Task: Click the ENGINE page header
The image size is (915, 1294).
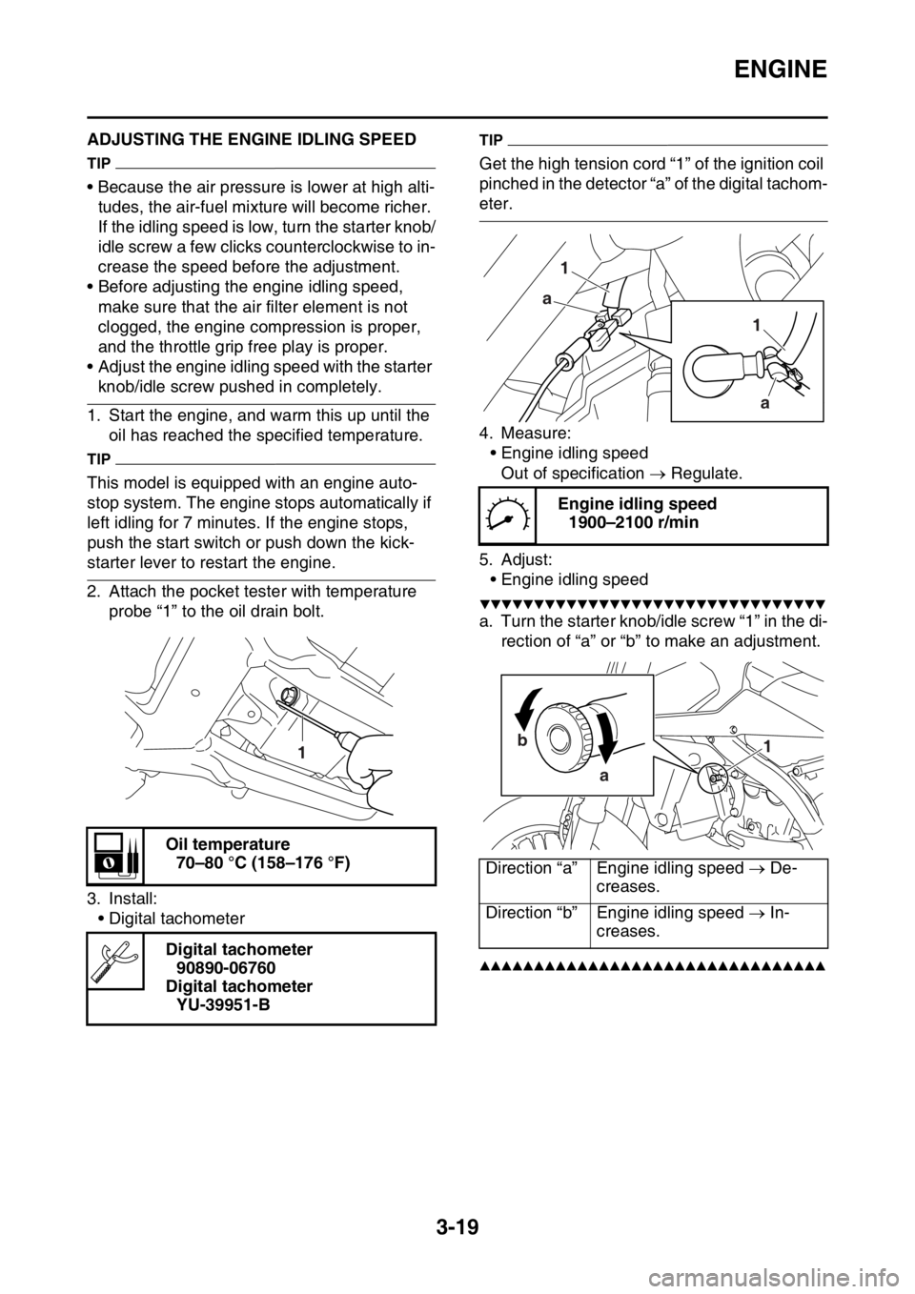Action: tap(780, 70)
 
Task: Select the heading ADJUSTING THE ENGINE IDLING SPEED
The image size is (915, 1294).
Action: tap(252, 139)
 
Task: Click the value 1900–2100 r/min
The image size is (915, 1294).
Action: tap(634, 523)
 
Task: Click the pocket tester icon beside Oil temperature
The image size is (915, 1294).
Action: tap(115, 855)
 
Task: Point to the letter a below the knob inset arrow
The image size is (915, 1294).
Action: tap(603, 777)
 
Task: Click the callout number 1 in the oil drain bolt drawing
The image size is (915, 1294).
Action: tap(301, 752)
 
